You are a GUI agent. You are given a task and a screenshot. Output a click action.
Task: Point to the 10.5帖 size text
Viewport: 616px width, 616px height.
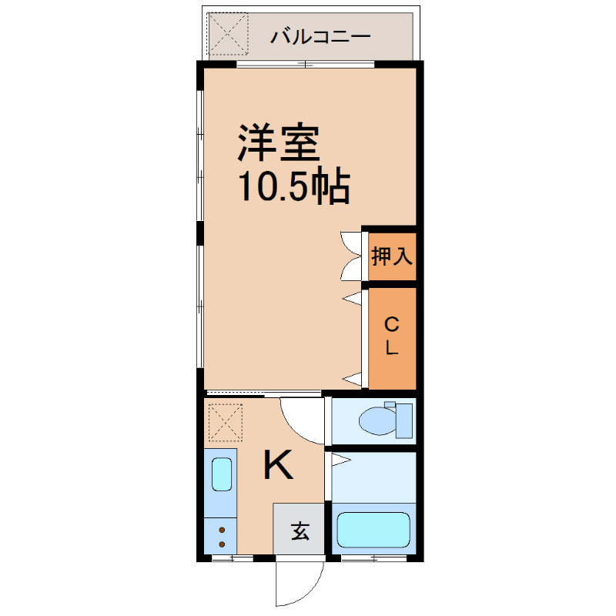293,186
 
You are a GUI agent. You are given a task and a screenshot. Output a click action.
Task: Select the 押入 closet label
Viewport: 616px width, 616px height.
392,256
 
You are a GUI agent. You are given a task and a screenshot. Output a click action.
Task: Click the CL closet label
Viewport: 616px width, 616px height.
391,335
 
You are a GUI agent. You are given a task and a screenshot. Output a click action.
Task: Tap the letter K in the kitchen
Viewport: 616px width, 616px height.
278,465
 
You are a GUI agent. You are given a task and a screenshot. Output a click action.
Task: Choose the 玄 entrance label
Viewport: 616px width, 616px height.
300,531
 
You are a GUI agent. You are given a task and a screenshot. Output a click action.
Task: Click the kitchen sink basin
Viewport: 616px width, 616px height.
221,474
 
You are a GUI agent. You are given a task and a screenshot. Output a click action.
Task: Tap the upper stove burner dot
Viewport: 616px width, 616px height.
222,530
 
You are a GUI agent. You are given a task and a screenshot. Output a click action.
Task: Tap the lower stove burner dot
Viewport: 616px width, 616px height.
222,544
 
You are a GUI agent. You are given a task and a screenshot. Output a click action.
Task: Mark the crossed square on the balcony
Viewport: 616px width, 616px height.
228,32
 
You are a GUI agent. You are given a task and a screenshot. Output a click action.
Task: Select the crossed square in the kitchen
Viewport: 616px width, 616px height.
226,422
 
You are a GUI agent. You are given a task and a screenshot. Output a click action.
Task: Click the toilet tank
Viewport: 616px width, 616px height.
405,420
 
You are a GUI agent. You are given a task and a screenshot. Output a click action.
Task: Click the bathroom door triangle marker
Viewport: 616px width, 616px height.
341,461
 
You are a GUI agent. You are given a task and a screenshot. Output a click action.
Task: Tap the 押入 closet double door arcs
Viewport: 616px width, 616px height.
351,256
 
